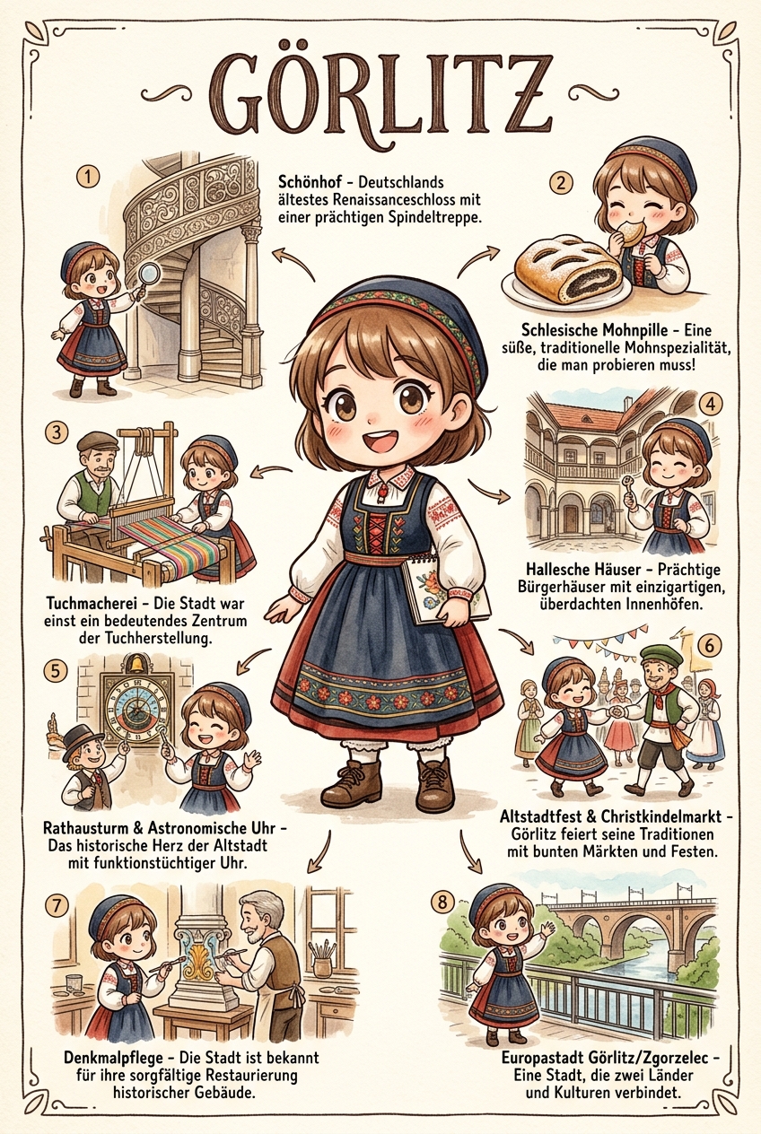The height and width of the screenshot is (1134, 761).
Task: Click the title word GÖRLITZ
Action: click(380, 97)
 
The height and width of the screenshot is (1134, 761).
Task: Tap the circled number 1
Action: click(88, 178)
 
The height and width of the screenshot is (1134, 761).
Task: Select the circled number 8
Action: click(443, 903)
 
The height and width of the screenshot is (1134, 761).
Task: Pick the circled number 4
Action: click(711, 404)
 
